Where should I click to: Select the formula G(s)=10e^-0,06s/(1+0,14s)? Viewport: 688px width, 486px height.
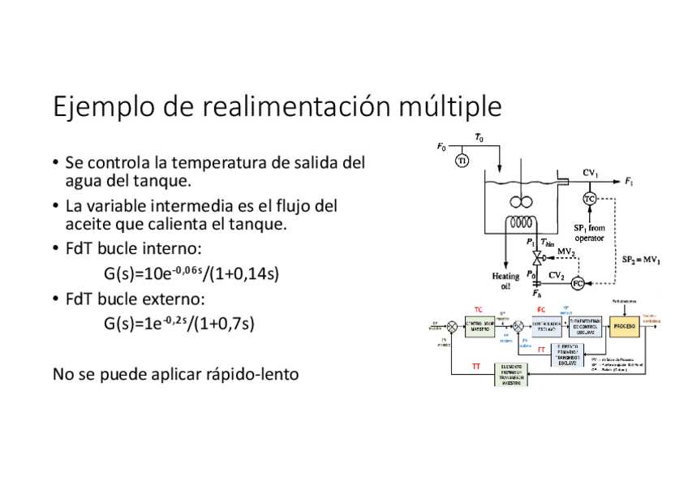(x=191, y=273)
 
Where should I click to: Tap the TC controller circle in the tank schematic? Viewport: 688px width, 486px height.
(x=591, y=199)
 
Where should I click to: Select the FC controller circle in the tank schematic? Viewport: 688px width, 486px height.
(x=578, y=283)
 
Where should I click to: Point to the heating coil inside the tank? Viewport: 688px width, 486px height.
(x=517, y=222)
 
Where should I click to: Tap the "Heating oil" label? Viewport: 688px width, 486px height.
(x=505, y=281)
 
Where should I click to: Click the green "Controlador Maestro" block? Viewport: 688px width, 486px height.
(x=480, y=326)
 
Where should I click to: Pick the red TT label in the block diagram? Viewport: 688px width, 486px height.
(x=477, y=367)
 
